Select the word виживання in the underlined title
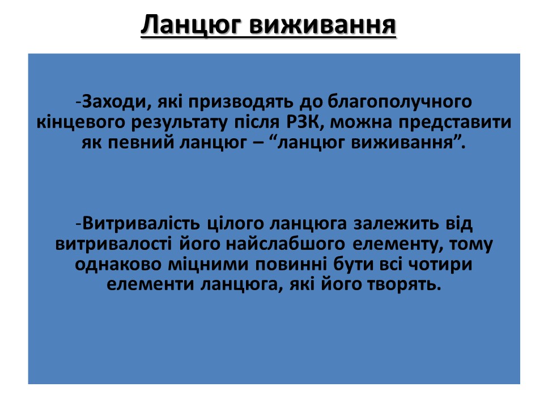[322, 24]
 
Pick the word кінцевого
[80, 122]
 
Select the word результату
[179, 123]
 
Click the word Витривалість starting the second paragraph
[141, 224]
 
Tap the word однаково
[118, 265]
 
